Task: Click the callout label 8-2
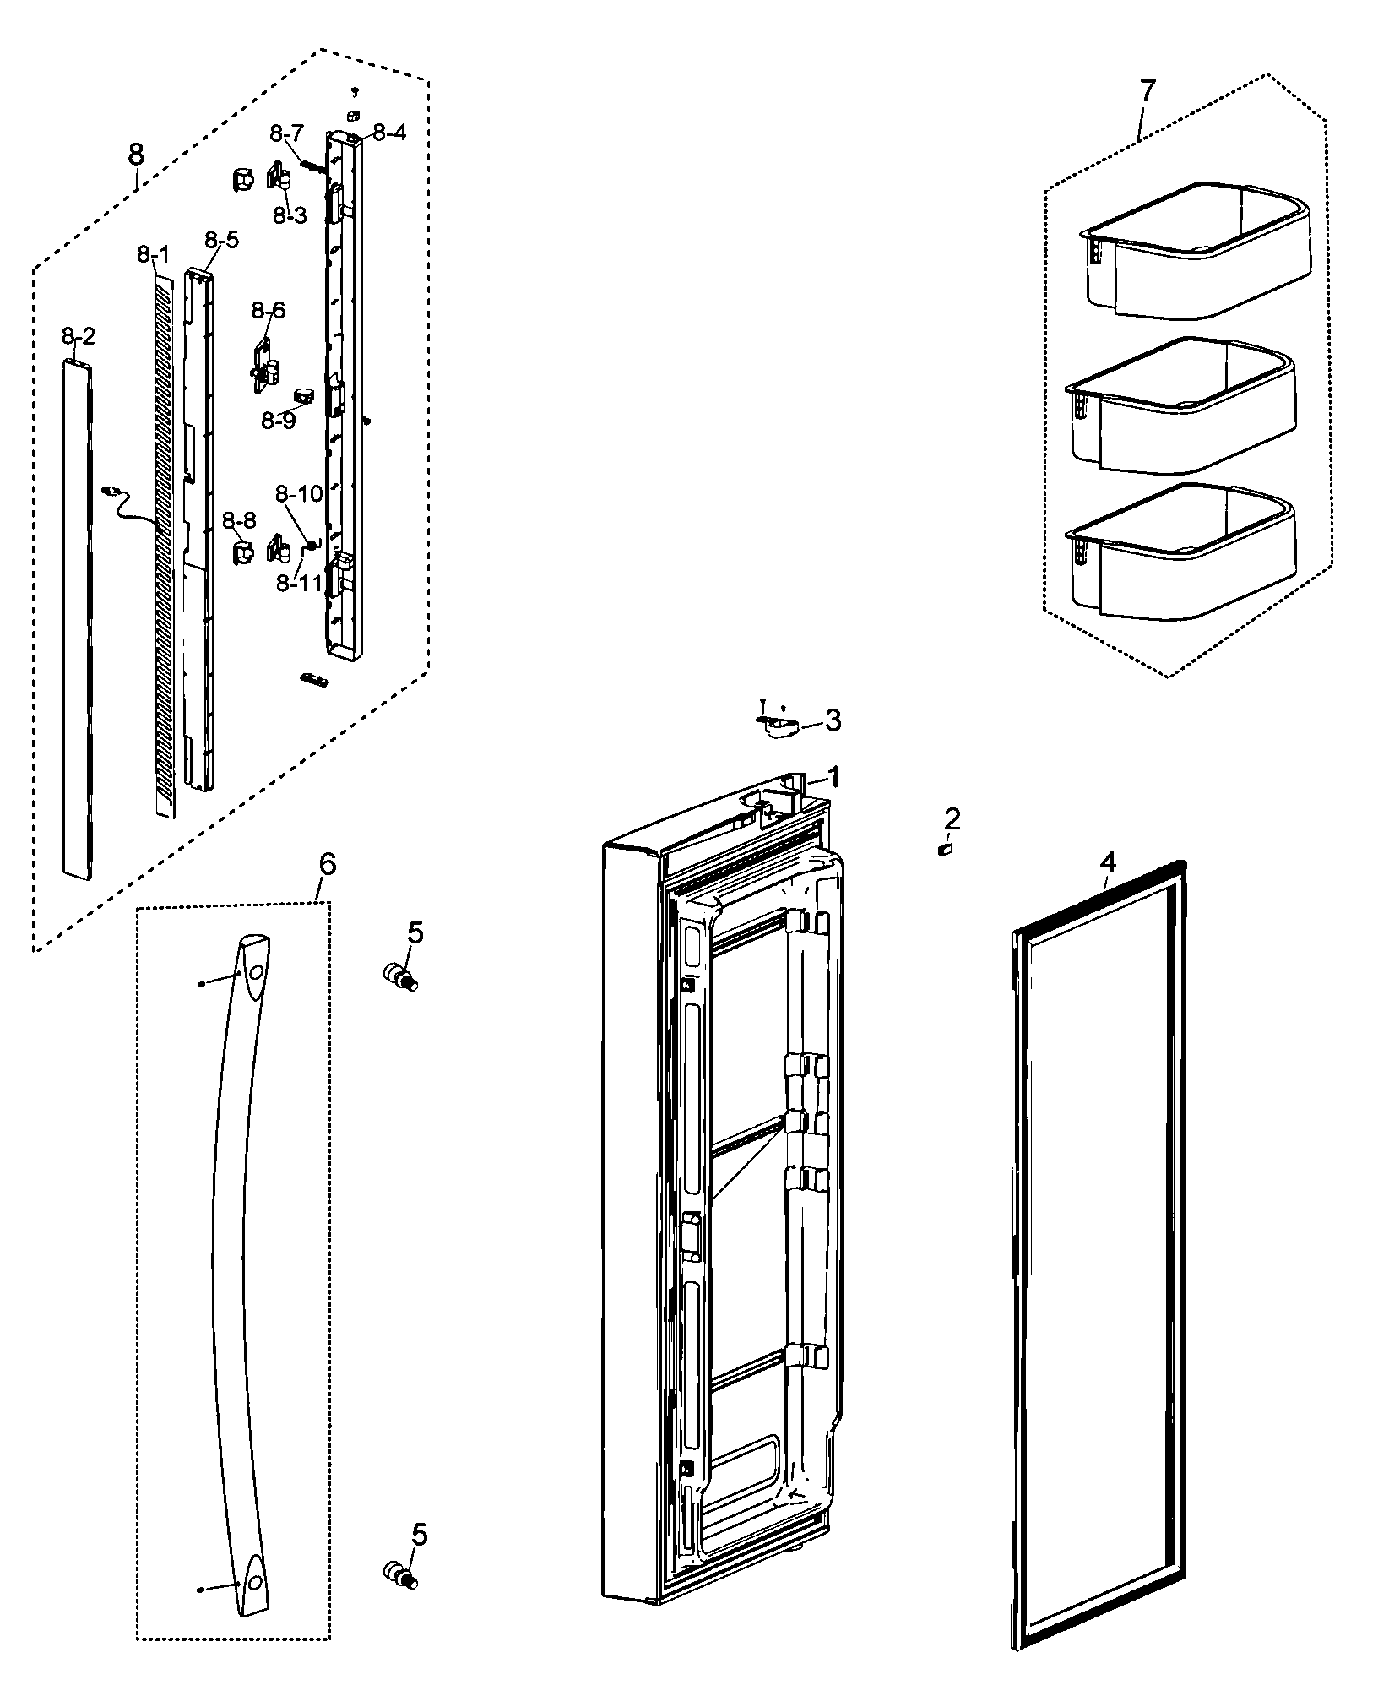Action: coord(79,337)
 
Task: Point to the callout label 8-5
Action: coord(221,240)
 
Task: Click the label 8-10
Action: coord(299,493)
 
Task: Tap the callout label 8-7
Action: coord(287,133)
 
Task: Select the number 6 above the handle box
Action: coord(327,864)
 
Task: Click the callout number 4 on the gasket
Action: coord(1108,862)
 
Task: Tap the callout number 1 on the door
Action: coord(833,777)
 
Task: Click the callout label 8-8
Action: coord(240,521)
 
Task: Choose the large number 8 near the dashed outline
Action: coord(136,155)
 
